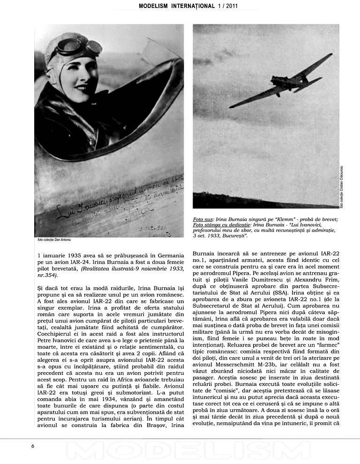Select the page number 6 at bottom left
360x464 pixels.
click(x=33, y=446)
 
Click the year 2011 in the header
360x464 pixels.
click(x=252, y=6)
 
